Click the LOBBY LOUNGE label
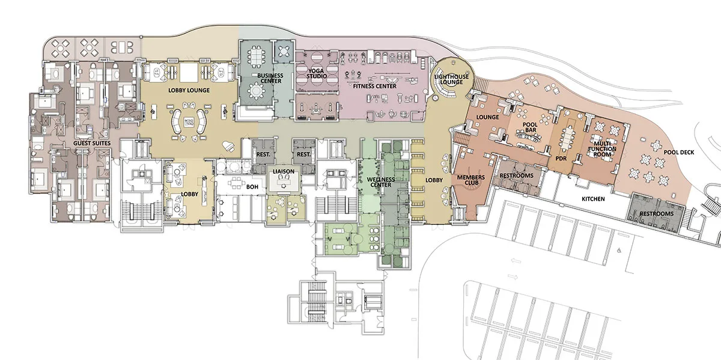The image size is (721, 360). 189,91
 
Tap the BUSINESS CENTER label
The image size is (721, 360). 270,78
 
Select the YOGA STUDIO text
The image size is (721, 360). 317,73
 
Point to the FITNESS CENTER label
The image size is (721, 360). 375,87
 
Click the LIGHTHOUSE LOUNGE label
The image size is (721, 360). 451,79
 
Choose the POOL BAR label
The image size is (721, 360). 530,127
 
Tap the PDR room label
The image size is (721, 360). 561,159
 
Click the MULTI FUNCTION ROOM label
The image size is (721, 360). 602,149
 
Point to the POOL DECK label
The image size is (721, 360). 679,152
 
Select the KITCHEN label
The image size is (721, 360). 593,199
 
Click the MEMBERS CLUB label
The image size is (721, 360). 471,180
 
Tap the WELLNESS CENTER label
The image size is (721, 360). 381,182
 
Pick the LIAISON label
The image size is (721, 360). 284,172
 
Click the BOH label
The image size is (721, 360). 252,187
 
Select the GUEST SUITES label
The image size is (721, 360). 92,143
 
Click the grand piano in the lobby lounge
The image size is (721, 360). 228,147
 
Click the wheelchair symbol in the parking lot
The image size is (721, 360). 619,250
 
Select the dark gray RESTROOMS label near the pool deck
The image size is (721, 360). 657,214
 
